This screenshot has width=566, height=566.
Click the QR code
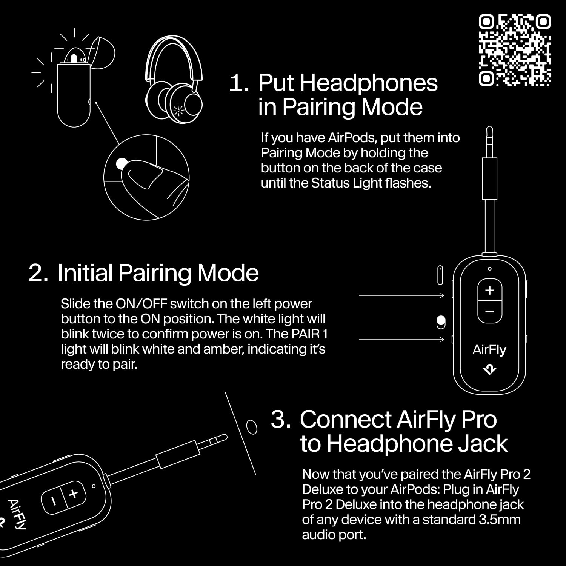[x=515, y=50]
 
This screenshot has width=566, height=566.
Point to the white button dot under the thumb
[x=122, y=163]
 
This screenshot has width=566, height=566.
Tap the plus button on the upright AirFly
[x=489, y=290]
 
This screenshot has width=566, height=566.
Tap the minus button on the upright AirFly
[x=489, y=312]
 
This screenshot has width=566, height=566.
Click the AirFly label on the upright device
[x=489, y=349]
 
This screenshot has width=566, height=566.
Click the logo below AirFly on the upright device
[x=489, y=370]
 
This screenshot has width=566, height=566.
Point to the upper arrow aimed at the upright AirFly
[x=401, y=295]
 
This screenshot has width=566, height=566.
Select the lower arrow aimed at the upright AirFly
[x=401, y=340]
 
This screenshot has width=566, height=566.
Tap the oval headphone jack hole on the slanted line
[x=251, y=427]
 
